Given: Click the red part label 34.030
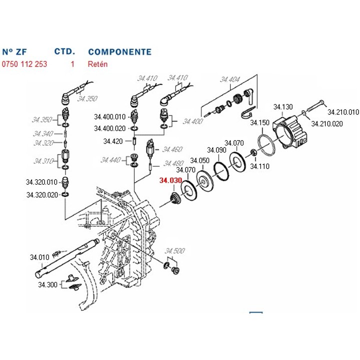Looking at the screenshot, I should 169,181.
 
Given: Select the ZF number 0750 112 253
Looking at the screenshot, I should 24,64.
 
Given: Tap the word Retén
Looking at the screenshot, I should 97,64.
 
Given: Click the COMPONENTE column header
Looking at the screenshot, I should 119,51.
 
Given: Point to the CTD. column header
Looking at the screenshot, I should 64,51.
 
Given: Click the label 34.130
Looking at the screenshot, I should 282,107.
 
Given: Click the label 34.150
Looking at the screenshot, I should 260,122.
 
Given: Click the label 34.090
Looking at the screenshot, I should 217,150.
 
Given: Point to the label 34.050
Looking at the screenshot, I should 199,160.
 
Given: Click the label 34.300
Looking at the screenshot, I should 47,284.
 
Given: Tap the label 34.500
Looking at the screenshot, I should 175,250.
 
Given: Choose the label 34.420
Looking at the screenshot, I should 113,141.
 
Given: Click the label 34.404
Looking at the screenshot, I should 229,80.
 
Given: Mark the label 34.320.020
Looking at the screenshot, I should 42,195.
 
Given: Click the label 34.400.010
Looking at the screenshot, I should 110,117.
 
